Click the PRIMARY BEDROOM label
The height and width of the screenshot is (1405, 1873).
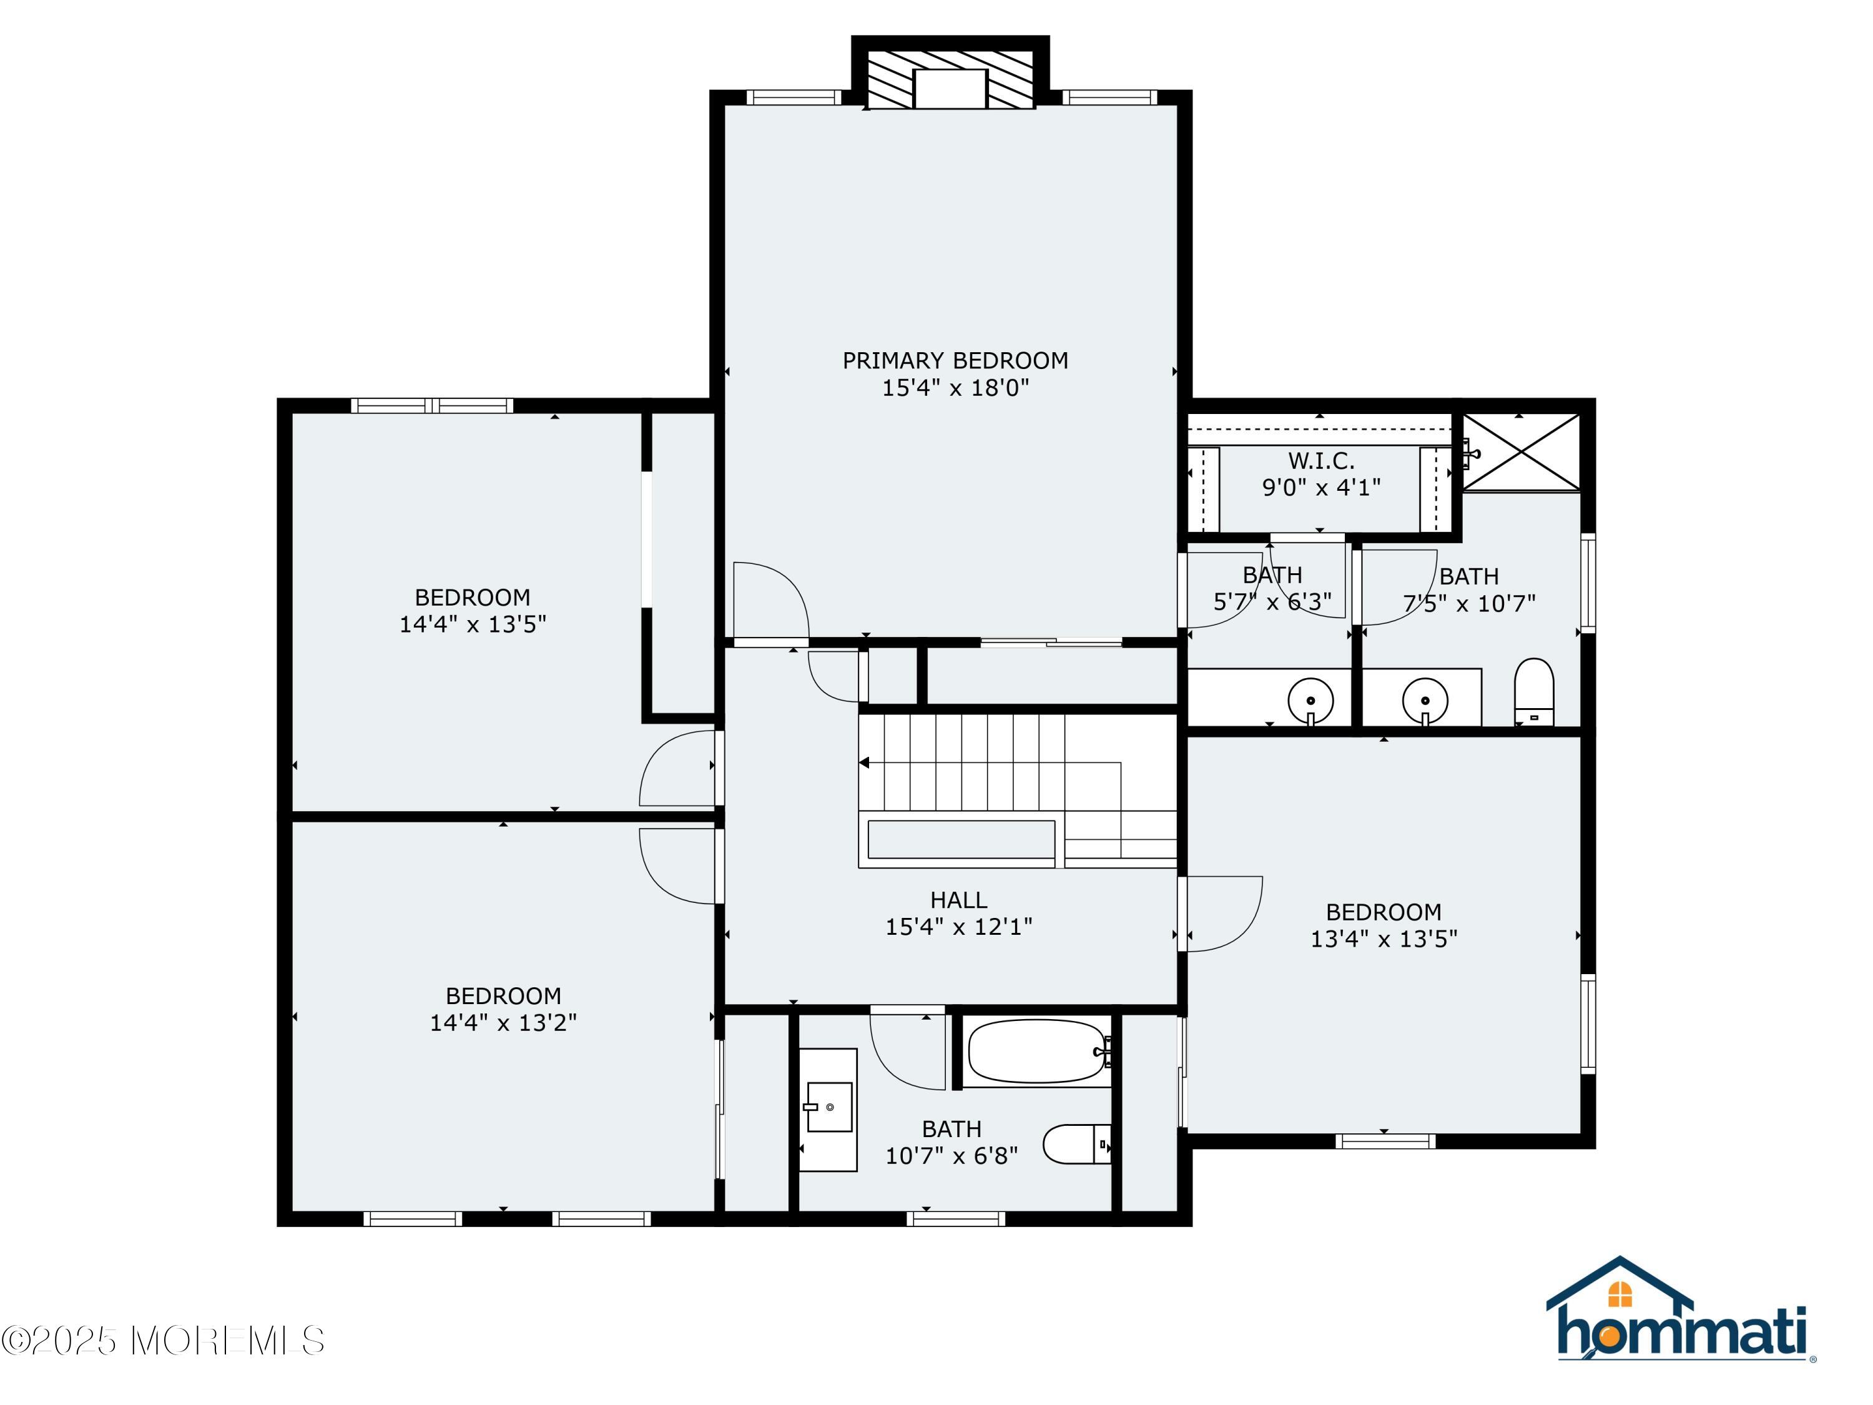955,361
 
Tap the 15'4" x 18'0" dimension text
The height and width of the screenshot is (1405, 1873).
955,388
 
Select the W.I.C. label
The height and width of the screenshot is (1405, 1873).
1321,461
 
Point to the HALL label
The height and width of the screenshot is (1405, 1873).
958,900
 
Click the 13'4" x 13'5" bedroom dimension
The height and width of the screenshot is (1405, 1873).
1384,939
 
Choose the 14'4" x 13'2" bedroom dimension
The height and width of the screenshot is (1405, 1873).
503,1023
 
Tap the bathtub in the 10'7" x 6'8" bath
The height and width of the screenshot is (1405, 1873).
1037,1052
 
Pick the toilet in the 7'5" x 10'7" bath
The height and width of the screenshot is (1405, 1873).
1533,693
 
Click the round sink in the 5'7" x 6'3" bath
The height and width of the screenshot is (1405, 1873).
1310,701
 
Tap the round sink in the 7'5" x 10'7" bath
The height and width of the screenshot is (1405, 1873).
1425,701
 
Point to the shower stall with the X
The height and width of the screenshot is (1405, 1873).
1522,451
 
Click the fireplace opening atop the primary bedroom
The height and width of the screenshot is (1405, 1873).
950,89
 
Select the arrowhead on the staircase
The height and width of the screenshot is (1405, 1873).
865,763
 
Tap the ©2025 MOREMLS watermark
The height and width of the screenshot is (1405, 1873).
162,1341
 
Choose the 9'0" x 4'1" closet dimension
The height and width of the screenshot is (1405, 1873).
1321,488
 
